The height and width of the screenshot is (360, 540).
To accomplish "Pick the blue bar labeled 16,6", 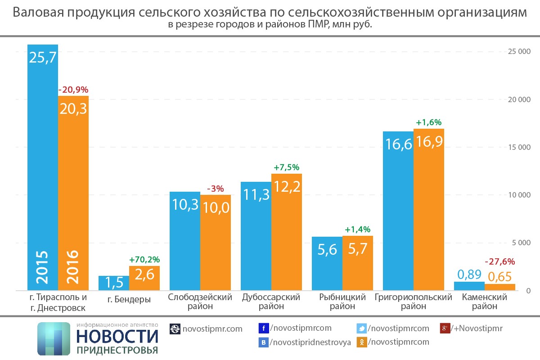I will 398,211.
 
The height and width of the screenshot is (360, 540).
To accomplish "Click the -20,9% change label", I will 73,90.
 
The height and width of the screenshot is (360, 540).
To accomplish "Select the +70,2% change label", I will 144,260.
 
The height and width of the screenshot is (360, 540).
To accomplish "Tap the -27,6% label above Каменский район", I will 499,261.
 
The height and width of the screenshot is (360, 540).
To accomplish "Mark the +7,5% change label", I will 286,167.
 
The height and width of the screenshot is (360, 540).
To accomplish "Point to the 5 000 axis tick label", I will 519,243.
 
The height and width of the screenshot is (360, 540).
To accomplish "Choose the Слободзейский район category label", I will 200,301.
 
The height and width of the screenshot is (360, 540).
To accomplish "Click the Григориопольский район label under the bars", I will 413,301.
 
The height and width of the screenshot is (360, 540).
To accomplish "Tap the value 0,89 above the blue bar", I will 469,274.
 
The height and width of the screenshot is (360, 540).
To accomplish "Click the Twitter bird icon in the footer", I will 361,328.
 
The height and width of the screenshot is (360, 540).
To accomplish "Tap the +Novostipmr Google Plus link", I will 477,328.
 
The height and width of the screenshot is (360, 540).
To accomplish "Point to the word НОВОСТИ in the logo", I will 117,337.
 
